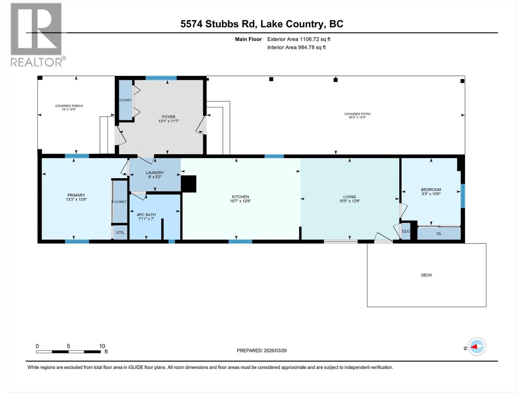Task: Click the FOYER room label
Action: pos(168,117)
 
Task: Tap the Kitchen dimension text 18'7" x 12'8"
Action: pos(240,201)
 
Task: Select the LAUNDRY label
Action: pos(155,173)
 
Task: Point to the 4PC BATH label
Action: pos(146,215)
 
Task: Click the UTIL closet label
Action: pos(120,233)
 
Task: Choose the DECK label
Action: pos(426,275)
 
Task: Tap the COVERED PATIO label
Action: pos(357,114)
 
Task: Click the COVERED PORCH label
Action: pos(69,106)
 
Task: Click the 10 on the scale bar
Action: pos(102,346)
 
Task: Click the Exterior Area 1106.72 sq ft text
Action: pos(299,39)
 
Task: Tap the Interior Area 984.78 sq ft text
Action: pos(296,47)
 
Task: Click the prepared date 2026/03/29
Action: pos(275,350)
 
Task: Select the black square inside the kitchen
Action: pos(189,184)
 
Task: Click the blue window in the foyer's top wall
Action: pos(161,78)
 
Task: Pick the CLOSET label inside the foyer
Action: pos(125,100)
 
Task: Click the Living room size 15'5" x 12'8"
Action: pos(349,201)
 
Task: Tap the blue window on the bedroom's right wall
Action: pos(462,196)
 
